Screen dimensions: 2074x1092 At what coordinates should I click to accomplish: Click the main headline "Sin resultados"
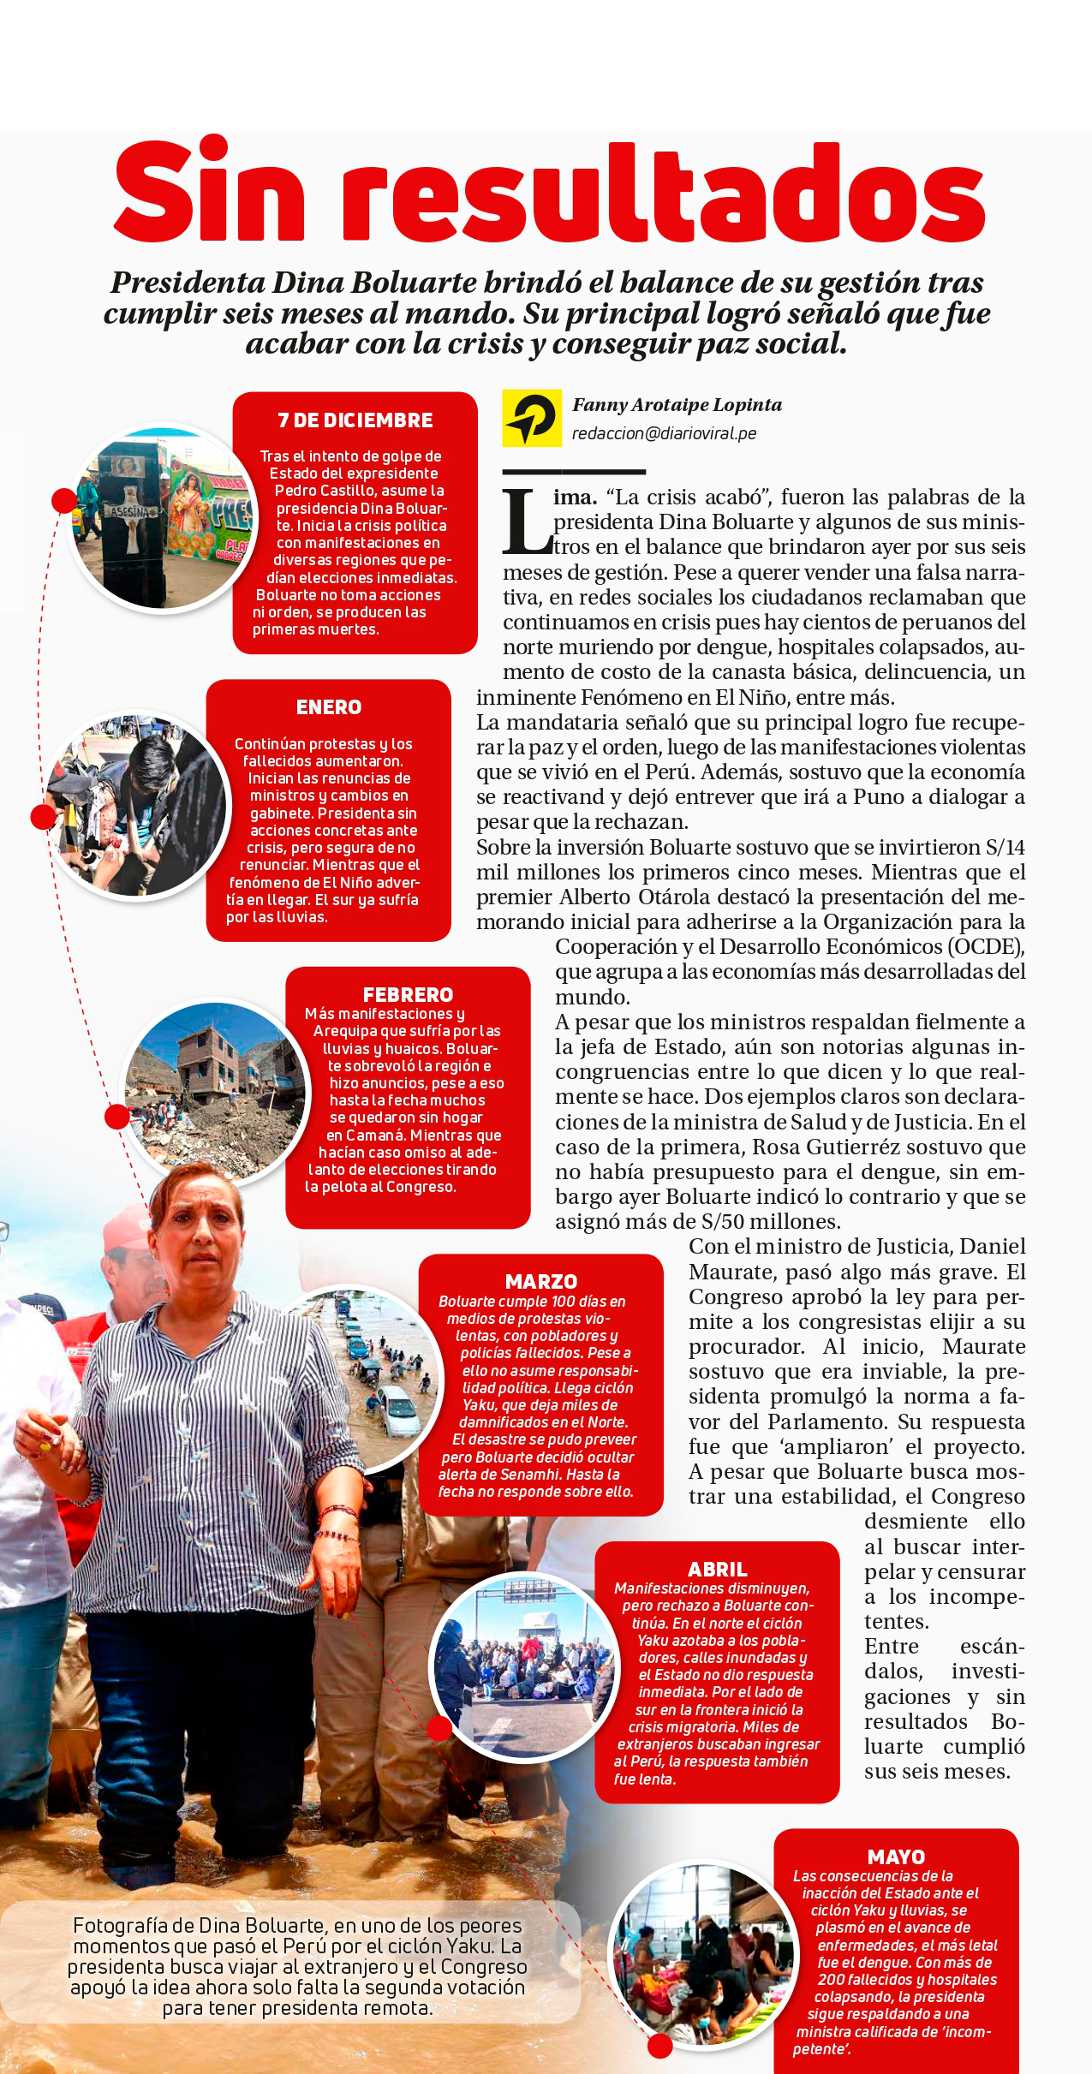point(549,195)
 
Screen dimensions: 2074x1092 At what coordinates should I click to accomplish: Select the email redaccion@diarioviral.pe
point(664,433)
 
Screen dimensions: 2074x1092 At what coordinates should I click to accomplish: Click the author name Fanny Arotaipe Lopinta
point(677,405)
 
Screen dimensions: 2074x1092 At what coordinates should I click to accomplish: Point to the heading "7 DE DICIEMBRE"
point(355,420)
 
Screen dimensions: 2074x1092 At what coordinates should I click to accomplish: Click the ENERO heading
point(329,707)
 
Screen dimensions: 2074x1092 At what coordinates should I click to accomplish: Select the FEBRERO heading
point(408,994)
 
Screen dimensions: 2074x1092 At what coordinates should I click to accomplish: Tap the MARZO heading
point(540,1281)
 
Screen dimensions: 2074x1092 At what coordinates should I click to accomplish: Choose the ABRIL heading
point(717,1569)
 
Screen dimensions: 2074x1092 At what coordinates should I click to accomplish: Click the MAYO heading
point(896,1856)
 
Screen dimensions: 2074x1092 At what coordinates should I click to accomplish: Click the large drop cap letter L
point(526,521)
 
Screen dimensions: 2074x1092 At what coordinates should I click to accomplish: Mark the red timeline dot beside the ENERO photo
point(43,817)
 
